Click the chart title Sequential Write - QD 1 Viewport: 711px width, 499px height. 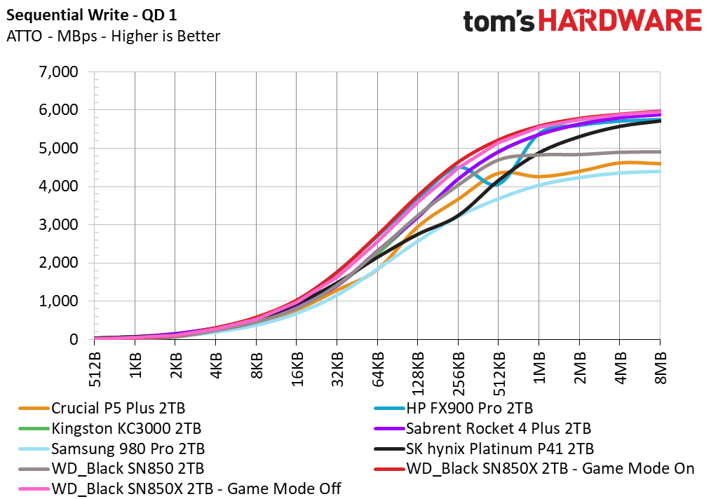(92, 15)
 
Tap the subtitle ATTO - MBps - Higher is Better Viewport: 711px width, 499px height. (114, 36)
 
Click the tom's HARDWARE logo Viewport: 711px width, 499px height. (582, 22)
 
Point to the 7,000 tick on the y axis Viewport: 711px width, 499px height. (58, 71)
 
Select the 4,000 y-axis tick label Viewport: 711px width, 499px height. (58, 186)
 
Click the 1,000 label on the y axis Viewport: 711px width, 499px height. (58, 301)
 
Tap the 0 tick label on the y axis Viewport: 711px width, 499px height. (74, 339)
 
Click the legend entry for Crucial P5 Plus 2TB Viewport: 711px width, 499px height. (102, 409)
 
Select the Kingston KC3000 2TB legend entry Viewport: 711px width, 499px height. (109, 428)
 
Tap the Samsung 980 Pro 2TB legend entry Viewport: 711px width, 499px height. (111, 449)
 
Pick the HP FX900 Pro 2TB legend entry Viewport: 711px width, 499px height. (454, 409)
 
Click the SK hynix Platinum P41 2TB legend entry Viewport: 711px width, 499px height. (484, 449)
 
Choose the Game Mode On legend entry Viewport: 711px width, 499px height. (534, 469)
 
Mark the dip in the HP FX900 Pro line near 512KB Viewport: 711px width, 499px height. (493, 184)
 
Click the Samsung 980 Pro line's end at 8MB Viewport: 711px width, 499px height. (660, 171)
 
